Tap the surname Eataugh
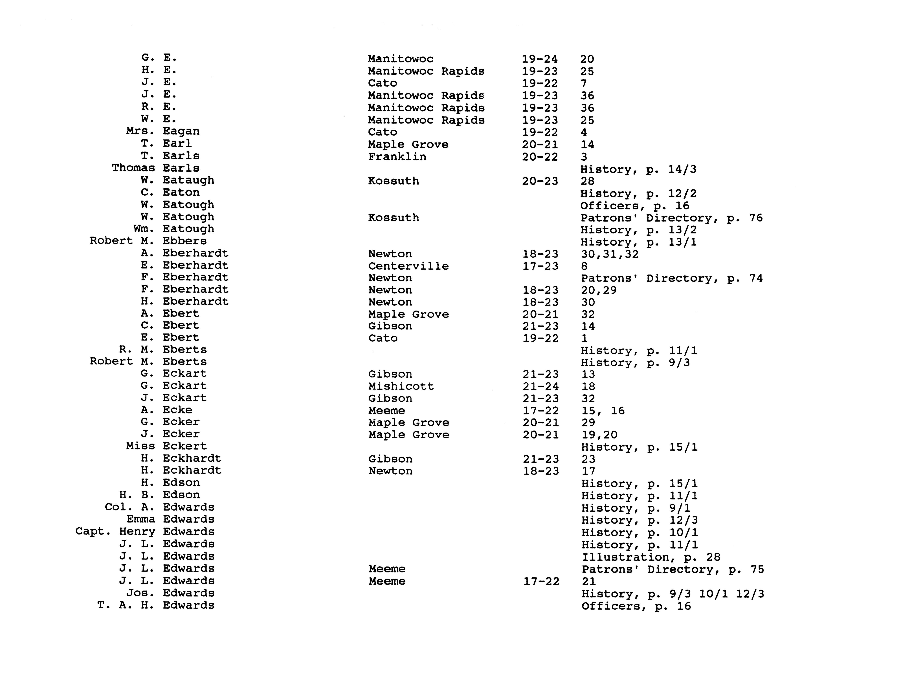tap(188, 180)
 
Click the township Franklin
tap(397, 157)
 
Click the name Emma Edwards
tap(170, 519)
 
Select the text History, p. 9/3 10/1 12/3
tap(673, 594)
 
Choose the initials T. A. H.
tap(126, 605)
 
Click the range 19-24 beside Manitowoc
tap(540, 59)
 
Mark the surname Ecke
tap(177, 410)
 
